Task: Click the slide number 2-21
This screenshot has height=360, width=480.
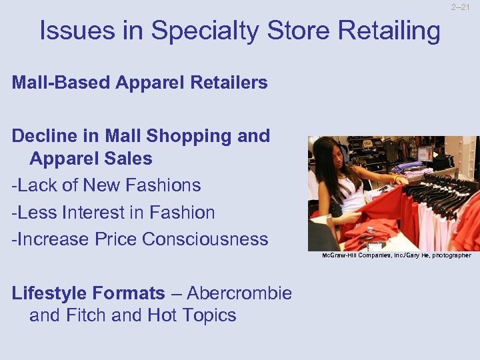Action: point(461,7)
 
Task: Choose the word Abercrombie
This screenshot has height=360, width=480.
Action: point(239,293)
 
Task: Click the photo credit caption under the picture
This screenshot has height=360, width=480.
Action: point(396,255)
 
